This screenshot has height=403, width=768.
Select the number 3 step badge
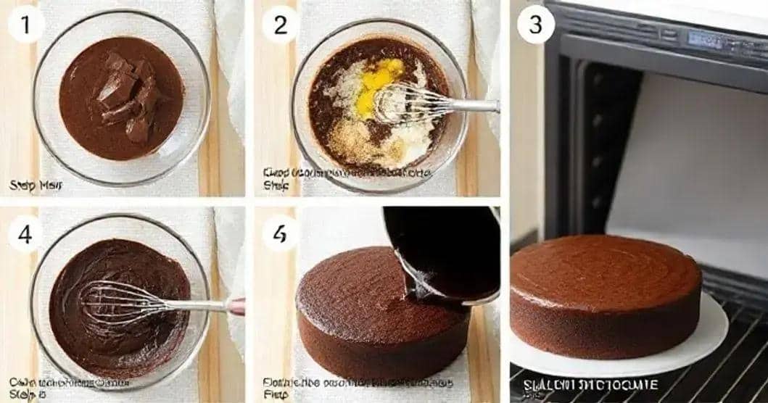[535, 24]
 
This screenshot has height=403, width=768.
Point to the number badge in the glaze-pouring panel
[280, 233]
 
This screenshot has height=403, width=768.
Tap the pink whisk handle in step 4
[236, 306]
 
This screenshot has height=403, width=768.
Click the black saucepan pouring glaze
[442, 250]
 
